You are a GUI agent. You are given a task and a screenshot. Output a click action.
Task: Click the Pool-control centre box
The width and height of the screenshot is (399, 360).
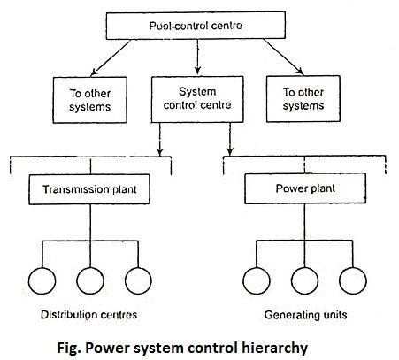[x=196, y=26]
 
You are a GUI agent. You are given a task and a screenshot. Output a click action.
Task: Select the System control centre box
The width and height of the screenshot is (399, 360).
[x=197, y=99]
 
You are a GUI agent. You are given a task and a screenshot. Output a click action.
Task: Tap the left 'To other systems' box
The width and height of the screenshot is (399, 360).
[x=90, y=100]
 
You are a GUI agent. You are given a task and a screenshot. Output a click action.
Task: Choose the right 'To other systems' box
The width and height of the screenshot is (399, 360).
[x=303, y=99]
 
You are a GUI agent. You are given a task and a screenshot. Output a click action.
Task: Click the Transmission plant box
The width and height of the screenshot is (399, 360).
[x=89, y=189]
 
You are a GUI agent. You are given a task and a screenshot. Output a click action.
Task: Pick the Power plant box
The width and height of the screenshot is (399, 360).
[x=305, y=188]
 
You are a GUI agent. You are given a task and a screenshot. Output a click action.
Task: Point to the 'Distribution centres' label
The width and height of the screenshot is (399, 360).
[x=88, y=315]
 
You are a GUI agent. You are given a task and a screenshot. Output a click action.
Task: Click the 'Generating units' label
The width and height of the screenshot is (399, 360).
[x=305, y=315]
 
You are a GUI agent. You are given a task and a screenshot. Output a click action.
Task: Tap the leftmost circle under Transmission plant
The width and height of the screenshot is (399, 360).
[x=42, y=268]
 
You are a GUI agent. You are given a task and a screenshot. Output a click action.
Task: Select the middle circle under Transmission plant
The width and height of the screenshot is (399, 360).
[x=90, y=268]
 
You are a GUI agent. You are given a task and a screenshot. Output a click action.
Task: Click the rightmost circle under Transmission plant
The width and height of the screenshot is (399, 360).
[x=138, y=268]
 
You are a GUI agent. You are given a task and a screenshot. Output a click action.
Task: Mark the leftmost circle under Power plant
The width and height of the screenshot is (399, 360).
[x=257, y=268]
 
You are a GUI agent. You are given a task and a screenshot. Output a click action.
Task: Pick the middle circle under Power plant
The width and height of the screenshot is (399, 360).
[x=304, y=268]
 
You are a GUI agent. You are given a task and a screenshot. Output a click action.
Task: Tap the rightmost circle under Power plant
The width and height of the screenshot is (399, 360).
[x=353, y=268]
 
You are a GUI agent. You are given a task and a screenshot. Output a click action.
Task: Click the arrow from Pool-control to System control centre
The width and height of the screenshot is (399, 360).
[x=197, y=57]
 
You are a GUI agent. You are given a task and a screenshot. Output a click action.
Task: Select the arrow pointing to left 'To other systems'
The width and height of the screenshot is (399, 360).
[x=111, y=58]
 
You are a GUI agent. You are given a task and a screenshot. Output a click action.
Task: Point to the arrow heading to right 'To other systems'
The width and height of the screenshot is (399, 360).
[x=284, y=57]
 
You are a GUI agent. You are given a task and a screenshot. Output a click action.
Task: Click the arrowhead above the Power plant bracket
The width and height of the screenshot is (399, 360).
[x=230, y=151]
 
